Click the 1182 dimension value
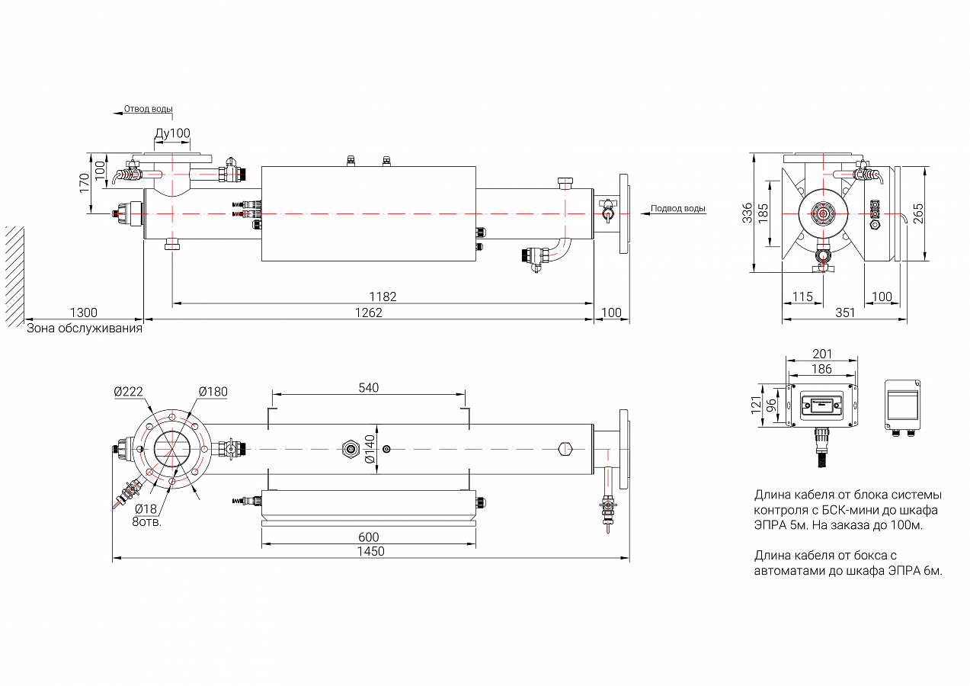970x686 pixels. [383, 297]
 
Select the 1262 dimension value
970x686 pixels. [369, 313]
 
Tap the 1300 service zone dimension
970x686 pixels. [84, 313]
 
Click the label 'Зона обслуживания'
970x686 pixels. [85, 329]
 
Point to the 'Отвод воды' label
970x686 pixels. [149, 109]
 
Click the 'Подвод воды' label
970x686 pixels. [678, 208]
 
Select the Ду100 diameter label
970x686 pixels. [172, 133]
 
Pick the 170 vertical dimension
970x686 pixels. [85, 183]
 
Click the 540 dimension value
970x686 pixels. [369, 388]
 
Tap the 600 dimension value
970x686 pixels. [369, 537]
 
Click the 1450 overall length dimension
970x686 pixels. [371, 551]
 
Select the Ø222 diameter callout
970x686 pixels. [129, 392]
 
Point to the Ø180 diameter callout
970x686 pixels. [213, 392]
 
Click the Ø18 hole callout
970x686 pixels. [146, 508]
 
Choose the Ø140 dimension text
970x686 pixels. [370, 450]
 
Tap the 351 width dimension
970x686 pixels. [845, 313]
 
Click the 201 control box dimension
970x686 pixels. [822, 354]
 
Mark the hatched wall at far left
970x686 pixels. [14, 274]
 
